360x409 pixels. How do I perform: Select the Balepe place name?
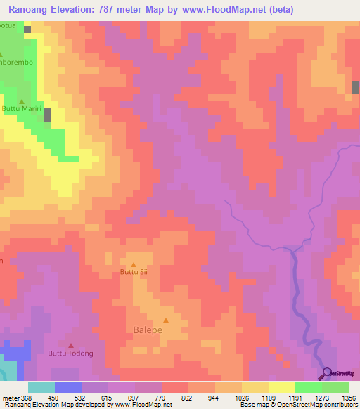pyautogui.click(x=148, y=329)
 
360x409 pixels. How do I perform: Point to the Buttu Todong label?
pyautogui.click(x=70, y=353)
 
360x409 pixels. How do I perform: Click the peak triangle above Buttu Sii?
pyautogui.click(x=134, y=264)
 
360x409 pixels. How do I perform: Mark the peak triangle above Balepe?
pyautogui.click(x=167, y=319)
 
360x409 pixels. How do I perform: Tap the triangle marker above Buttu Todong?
pyautogui.click(x=70, y=346)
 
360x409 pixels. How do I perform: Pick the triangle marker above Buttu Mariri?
pyautogui.click(x=21, y=101)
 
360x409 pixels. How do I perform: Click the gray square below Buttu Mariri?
pyautogui.click(x=48, y=115)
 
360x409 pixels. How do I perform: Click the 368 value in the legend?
pyautogui.click(x=26, y=398)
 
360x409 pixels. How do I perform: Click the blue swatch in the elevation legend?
pyautogui.click(x=67, y=387)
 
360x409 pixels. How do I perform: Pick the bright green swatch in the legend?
pyautogui.click(x=309, y=387)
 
